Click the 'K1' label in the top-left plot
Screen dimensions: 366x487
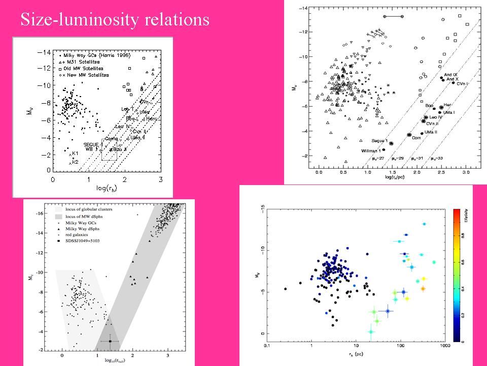pyautogui.click(x=75, y=153)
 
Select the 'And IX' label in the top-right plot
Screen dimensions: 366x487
pyautogui.click(x=451, y=75)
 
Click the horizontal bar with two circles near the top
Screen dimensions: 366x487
pyautogui.click(x=393, y=16)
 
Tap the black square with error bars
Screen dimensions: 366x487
pyautogui.click(x=110, y=341)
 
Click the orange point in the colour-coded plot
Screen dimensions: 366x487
pyautogui.click(x=423, y=288)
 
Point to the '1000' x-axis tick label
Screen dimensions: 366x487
pyautogui.click(x=445, y=347)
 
